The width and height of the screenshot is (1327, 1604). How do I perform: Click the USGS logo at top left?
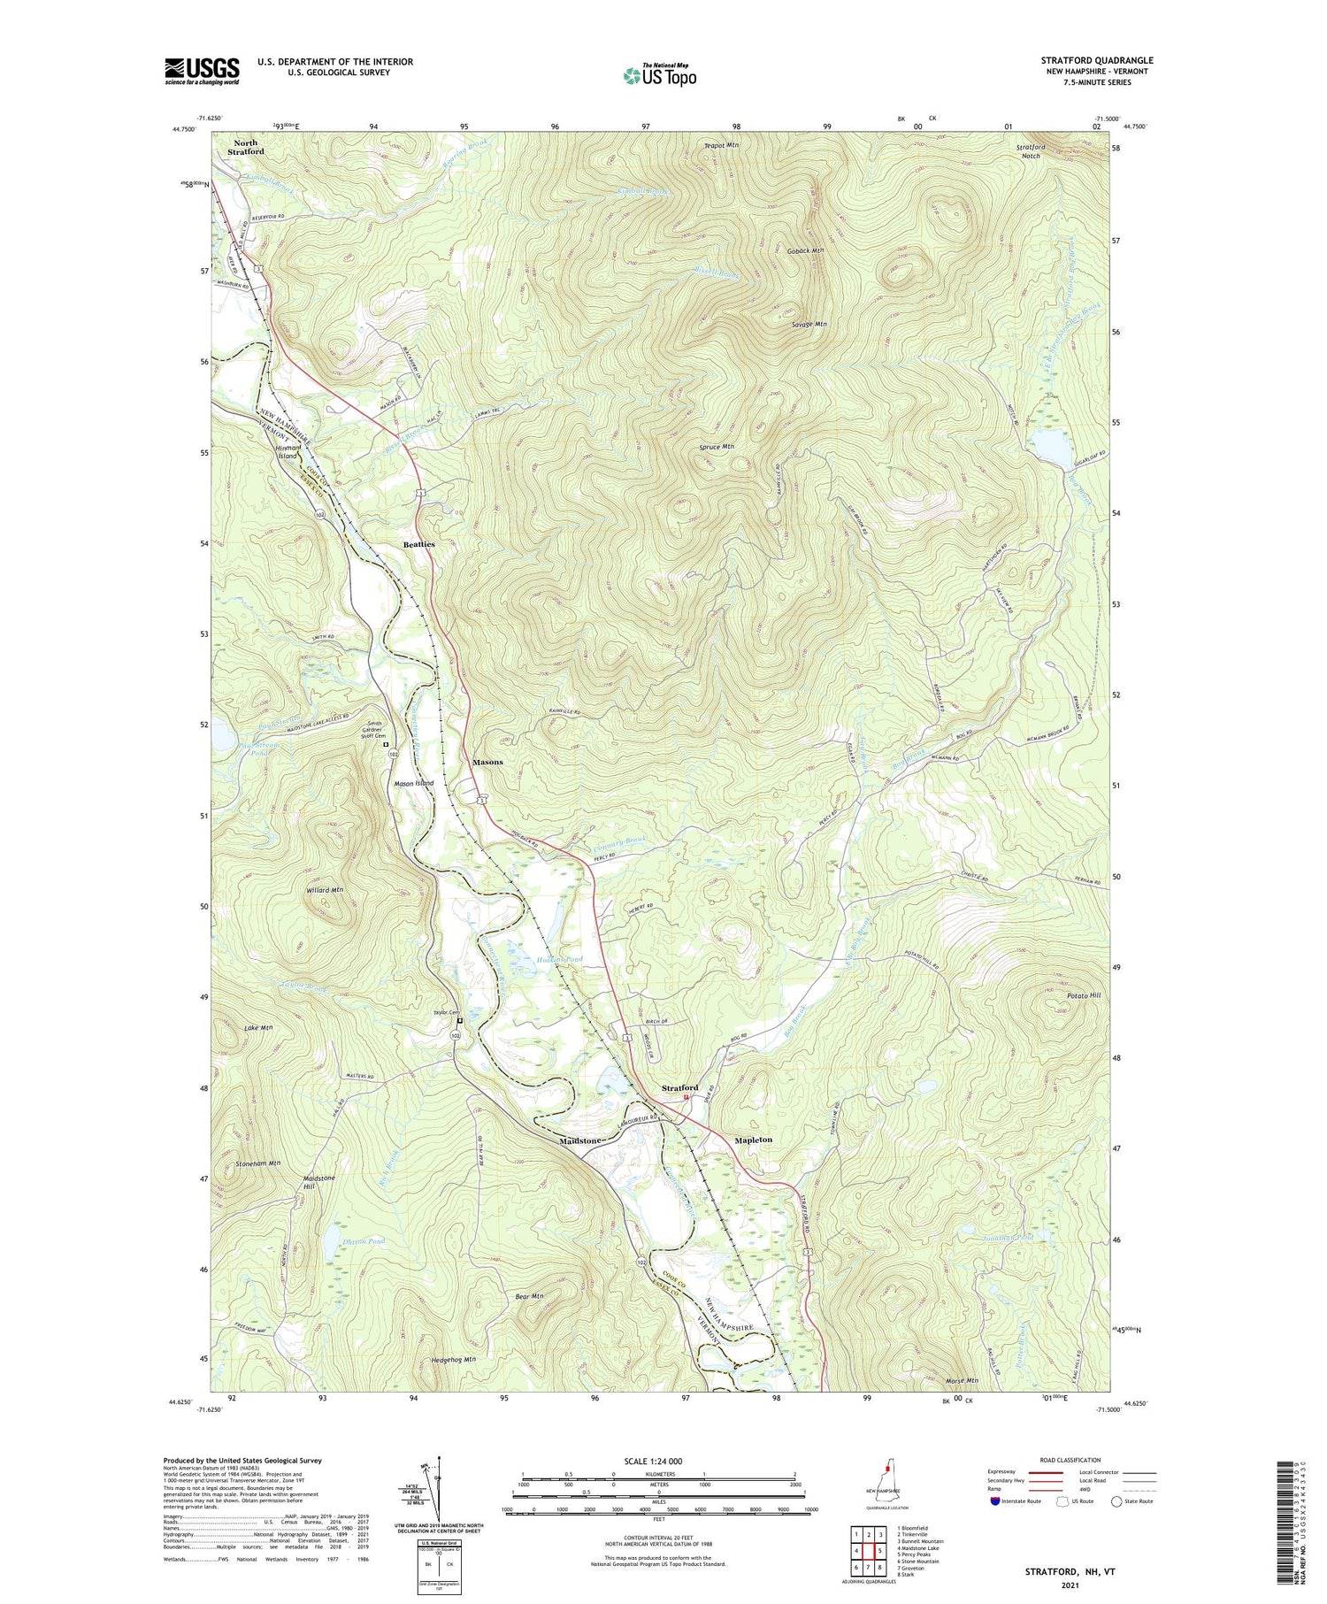(x=202, y=71)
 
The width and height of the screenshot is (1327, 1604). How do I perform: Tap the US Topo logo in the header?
(x=659, y=75)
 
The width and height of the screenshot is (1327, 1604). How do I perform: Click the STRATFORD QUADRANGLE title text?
(x=1097, y=60)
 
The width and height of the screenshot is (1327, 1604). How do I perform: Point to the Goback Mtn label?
(x=805, y=250)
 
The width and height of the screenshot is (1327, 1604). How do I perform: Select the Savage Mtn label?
(x=809, y=325)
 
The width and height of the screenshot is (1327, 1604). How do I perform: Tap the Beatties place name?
(x=418, y=545)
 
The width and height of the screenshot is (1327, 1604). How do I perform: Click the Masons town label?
(x=487, y=762)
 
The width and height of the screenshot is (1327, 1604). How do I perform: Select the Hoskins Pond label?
(x=559, y=959)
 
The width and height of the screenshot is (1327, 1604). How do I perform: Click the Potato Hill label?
(x=1083, y=996)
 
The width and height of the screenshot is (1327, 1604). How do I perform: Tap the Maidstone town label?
(x=580, y=1140)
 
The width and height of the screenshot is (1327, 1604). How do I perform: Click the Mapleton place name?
(x=753, y=1140)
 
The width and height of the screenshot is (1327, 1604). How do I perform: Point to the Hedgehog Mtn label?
(x=454, y=1359)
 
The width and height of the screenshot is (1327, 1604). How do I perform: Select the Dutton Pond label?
(x=364, y=1241)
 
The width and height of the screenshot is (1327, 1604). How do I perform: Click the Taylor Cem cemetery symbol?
(x=459, y=1019)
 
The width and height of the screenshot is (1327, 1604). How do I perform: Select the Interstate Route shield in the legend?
(x=995, y=1501)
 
